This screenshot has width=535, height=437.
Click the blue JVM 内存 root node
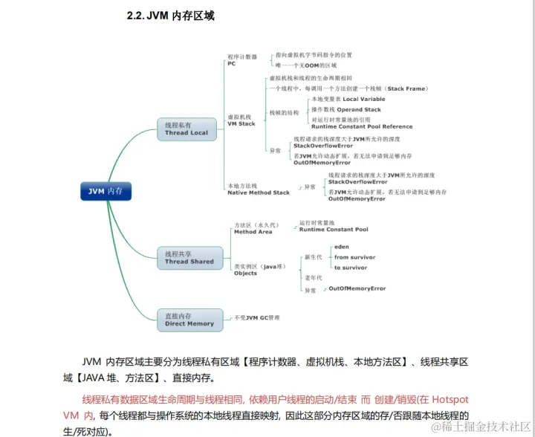pos(106,191)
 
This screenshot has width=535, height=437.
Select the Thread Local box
pos(187,129)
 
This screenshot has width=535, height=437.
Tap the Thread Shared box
pos(189,258)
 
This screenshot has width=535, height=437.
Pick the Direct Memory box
pos(189,320)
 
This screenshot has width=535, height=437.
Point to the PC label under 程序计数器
pos(231,64)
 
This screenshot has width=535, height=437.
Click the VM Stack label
pos(241,123)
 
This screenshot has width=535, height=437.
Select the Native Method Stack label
pos(259,192)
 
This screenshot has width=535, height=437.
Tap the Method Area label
pos(253,232)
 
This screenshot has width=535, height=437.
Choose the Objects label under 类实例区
pos(245,273)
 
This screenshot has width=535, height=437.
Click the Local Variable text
pos(363,99)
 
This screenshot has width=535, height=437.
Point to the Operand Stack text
pos(362,109)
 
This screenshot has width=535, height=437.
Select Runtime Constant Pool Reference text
pos(362,126)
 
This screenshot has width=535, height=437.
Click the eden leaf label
pos(341,246)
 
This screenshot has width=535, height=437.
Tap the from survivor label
pos(354,257)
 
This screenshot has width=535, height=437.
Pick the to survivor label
pos(350,268)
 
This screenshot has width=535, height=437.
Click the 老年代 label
pos(313,278)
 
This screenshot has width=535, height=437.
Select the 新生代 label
pos(313,257)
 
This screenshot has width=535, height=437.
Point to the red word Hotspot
pos(450,400)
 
